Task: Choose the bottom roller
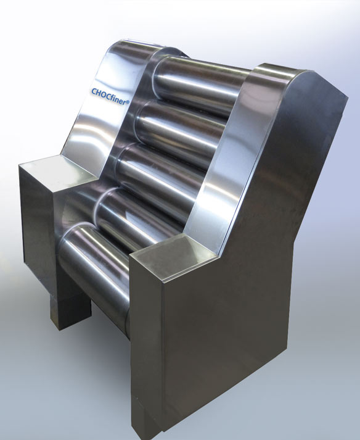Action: pos(96,270)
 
